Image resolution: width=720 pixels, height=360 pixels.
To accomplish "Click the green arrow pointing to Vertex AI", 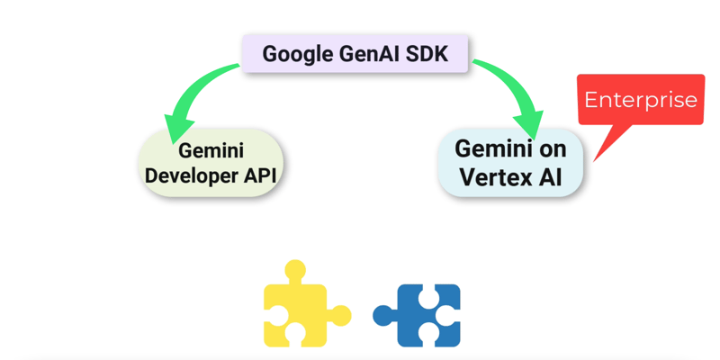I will coord(508,85).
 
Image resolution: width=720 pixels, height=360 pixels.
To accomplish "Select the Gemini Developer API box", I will coord(211,163).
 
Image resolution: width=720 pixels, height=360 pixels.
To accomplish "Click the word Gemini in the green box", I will coord(211,150).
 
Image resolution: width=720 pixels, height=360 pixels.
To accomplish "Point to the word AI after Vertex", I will coord(551,176).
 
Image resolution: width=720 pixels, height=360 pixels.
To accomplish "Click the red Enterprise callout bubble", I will coord(640,99).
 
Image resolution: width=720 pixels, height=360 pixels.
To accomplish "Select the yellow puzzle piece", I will coord(297,309).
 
